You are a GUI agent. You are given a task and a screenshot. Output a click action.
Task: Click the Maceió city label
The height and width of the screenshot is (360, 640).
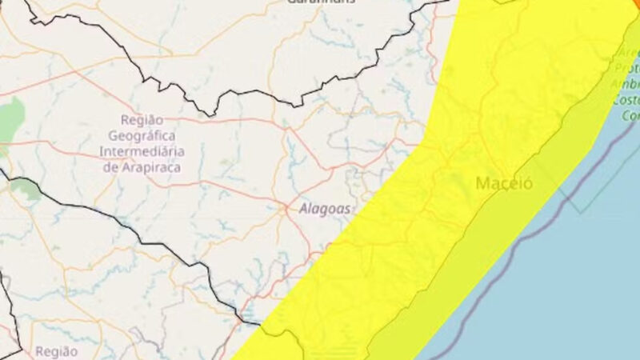coord(504,184)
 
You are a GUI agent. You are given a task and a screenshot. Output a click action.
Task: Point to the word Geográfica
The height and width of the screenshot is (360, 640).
coord(142,137)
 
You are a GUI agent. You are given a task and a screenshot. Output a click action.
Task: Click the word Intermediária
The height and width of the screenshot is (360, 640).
coord(142,152)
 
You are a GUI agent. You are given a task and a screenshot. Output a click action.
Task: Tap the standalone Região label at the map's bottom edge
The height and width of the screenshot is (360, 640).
coord(57,350)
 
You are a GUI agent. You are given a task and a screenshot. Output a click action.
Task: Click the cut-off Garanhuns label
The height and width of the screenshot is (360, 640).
coord(319,2)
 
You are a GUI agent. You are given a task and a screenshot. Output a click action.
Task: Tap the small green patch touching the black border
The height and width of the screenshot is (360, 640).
coord(24,189)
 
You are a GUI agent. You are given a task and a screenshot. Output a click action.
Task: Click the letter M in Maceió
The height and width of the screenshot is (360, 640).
coord(483,184)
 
